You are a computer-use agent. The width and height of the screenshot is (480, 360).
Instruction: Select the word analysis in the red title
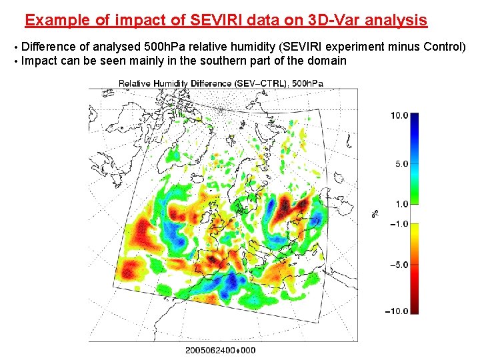coord(397,20)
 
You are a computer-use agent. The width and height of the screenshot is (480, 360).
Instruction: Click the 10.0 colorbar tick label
coord(399,115)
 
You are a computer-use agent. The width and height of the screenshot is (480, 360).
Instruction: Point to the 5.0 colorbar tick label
coord(401,163)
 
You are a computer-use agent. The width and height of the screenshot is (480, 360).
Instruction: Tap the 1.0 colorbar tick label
coord(401,204)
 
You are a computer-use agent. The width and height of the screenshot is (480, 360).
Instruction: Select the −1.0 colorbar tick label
coord(399,223)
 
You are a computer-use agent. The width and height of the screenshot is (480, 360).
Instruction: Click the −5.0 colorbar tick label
coord(399,265)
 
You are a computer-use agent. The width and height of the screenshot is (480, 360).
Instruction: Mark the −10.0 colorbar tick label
coord(397,311)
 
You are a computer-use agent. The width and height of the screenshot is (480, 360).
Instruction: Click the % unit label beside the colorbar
coord(375,214)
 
